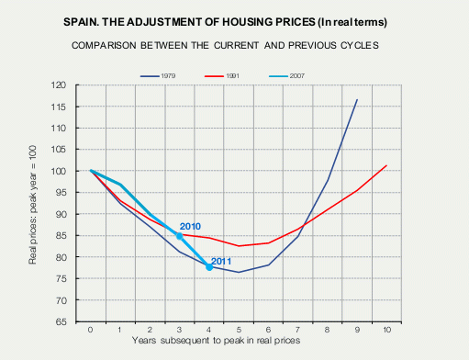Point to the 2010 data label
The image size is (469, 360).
tap(190, 226)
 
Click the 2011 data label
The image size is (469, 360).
tap(221, 262)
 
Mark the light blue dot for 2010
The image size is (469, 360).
tap(180, 236)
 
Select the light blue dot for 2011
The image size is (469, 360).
tap(209, 267)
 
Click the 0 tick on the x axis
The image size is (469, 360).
tap(91, 329)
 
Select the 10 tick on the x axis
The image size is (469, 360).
tap(387, 329)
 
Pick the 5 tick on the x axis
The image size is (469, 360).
tap(239, 329)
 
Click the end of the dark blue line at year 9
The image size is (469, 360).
tap(357, 99)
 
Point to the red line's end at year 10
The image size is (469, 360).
tap(387, 165)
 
